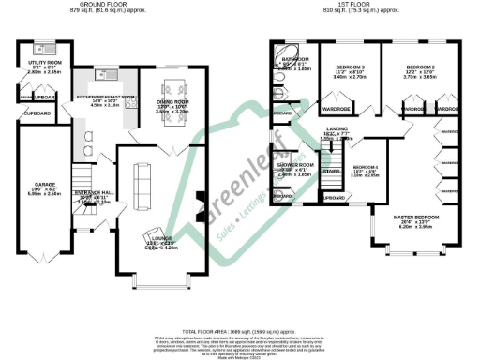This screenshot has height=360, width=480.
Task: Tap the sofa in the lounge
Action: (142, 177)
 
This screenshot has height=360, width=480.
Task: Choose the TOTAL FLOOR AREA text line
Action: (239, 332)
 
